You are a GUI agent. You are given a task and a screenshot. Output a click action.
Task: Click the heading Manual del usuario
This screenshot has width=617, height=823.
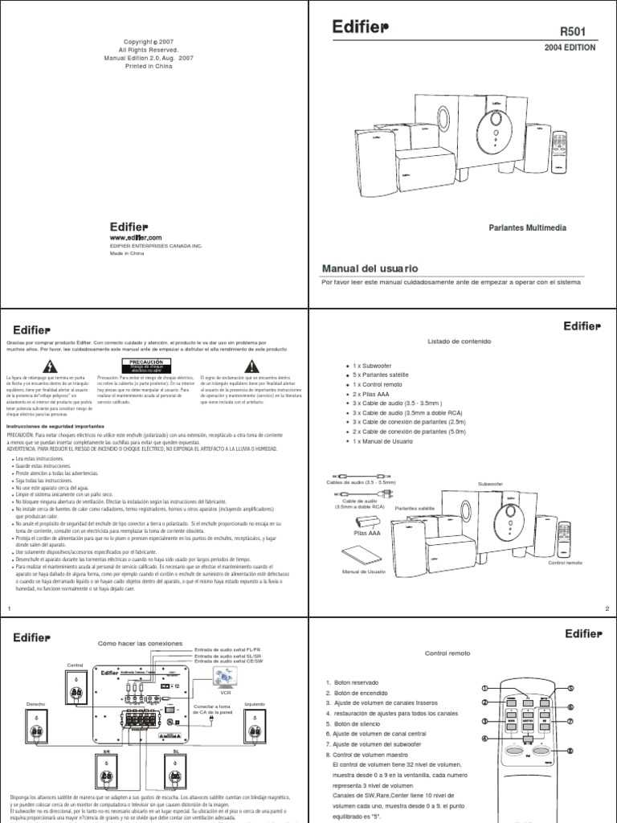pyautogui.click(x=370, y=268)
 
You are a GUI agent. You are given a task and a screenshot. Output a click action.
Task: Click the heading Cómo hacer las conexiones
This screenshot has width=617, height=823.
pyautogui.click(x=140, y=644)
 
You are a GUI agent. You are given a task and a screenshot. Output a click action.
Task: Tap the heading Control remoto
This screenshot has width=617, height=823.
pyautogui.click(x=447, y=653)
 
